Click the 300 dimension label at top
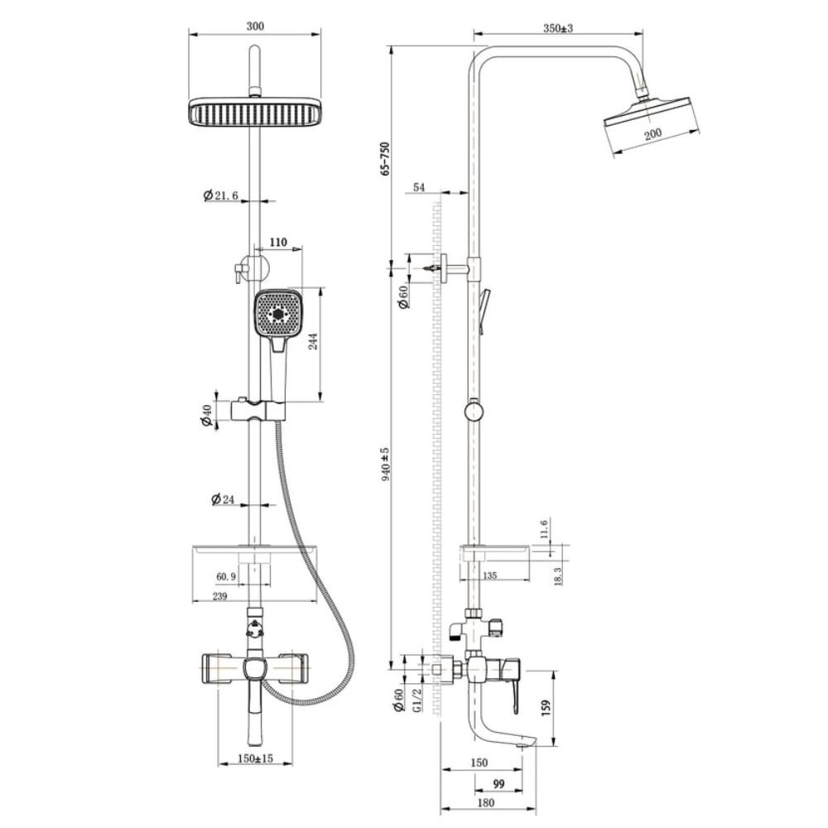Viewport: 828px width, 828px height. point(255,26)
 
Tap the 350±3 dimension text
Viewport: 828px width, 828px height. point(557,28)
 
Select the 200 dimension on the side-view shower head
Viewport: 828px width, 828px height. point(652,133)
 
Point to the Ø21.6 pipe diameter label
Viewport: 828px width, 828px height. point(221,195)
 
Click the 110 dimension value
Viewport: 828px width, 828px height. point(278,243)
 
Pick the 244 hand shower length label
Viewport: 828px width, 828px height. point(313,343)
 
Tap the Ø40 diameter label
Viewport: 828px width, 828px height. point(206,414)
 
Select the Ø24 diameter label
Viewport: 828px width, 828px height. point(222,499)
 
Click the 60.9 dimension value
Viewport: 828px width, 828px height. point(226,576)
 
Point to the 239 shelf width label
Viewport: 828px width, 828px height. point(219,596)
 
